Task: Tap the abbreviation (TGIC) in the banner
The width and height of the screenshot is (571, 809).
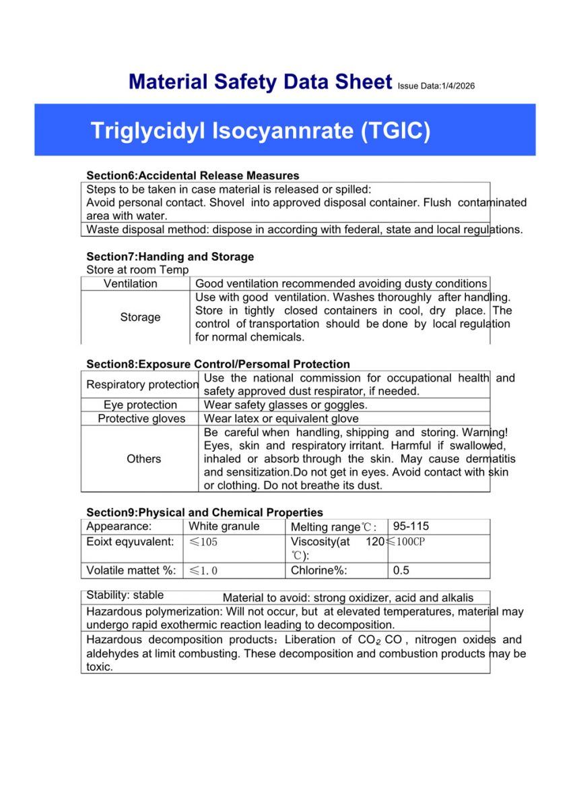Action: coord(395,130)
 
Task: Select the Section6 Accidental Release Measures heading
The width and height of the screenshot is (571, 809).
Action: coord(193,176)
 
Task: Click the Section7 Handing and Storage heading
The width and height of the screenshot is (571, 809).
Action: coord(170,257)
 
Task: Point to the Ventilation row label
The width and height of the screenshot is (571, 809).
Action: coord(131,284)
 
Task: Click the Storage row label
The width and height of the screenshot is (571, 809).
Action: coord(140,317)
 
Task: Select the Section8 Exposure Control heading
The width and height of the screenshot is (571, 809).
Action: coord(218,364)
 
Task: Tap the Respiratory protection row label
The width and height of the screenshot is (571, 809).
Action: coord(142,384)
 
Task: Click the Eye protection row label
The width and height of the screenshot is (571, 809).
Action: coord(140,405)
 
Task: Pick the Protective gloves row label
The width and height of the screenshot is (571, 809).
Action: coord(141,419)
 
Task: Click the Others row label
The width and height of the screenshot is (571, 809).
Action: coord(143,458)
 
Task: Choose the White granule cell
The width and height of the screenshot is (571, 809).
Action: coord(224,527)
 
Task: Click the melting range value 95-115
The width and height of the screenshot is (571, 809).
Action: coord(411,527)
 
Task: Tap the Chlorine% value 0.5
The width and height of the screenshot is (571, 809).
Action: coord(401,570)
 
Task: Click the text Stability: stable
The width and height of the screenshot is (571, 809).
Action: coord(125,596)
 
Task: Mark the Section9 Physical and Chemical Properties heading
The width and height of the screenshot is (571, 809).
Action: coord(205,512)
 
